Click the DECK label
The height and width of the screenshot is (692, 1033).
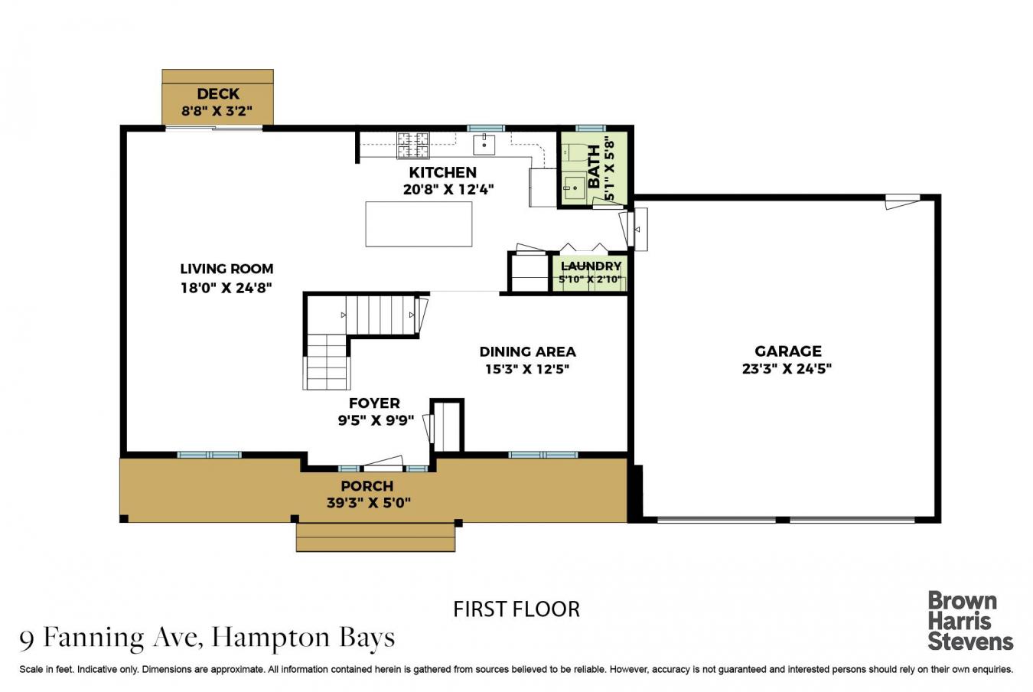pos(218,94)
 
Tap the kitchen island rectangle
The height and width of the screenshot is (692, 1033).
pos(419,224)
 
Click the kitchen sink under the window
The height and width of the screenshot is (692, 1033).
pos(484,143)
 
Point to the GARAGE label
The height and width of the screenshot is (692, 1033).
pos(787,351)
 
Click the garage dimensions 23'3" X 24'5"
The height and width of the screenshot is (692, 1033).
pos(787,368)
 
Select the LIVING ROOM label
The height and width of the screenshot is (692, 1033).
pos(226,269)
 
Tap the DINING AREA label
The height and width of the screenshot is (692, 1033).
pos(527,351)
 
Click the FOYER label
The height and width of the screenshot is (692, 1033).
pos(374,403)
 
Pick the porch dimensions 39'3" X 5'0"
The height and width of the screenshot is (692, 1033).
pos(367,503)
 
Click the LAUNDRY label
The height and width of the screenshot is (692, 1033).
pos(591,266)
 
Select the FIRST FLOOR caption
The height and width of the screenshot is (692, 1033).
pos(516,609)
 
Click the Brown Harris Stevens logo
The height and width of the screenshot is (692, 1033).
pos(969,620)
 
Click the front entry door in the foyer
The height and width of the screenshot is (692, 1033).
pos(383,465)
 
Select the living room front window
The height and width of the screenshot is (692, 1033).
pos(209,455)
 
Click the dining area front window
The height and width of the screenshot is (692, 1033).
pos(543,455)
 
